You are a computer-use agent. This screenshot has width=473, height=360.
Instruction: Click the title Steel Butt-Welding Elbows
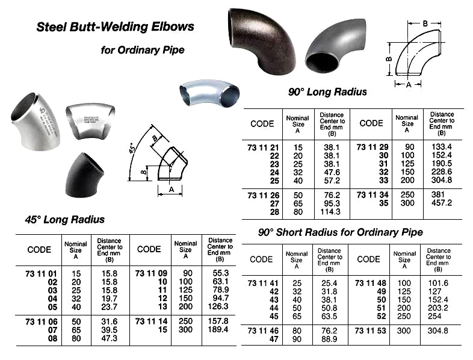coord(116,26)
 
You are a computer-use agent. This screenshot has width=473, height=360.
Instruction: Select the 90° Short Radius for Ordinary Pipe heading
coord(340,232)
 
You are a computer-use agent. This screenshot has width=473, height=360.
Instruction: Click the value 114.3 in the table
coord(331,213)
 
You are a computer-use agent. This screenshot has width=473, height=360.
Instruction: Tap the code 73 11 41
coord(264,282)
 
